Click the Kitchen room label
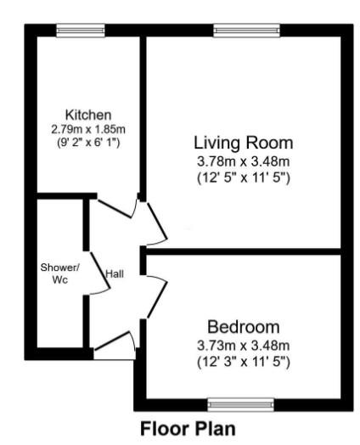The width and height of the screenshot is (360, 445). pyautogui.click(x=88, y=115)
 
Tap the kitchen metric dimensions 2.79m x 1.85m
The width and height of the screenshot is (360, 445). pyautogui.click(x=88, y=129)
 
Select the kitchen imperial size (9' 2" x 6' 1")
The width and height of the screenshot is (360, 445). pyautogui.click(x=88, y=143)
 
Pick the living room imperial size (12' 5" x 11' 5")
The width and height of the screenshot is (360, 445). pyautogui.click(x=243, y=177)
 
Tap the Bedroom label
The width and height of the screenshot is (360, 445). pyautogui.click(x=243, y=327)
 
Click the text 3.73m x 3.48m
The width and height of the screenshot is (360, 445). pyautogui.click(x=243, y=345)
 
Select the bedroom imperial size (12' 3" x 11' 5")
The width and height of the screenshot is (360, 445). pyautogui.click(x=243, y=363)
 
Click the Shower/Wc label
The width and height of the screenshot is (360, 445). pyautogui.click(x=59, y=273)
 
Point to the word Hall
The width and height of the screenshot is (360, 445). pyautogui.click(x=115, y=273)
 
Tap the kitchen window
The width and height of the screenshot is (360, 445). pyautogui.click(x=81, y=30)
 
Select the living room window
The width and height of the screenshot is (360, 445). pyautogui.click(x=245, y=30)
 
